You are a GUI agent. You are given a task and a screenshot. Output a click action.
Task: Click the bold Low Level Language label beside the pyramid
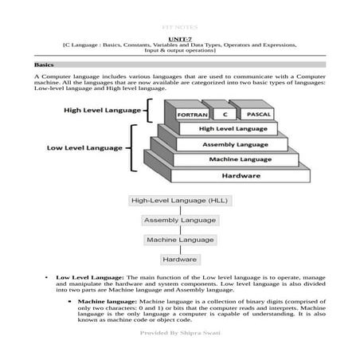point(84,147)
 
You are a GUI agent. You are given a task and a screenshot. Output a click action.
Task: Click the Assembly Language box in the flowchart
point(179,220)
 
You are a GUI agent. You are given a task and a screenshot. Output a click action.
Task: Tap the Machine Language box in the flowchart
point(179,239)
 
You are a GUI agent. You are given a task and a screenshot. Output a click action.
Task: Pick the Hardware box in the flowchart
point(179,259)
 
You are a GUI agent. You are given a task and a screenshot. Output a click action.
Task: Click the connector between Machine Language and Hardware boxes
point(179,249)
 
